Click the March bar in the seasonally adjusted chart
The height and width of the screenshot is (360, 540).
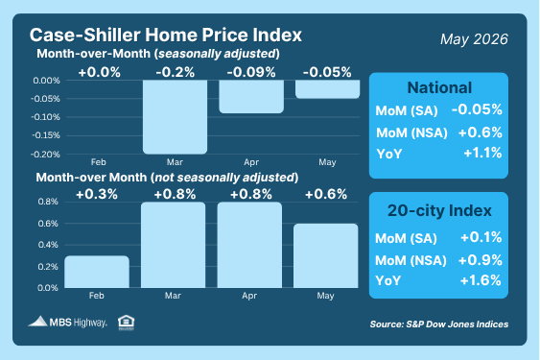[x=175, y=117]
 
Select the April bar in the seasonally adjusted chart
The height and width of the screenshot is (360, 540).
[x=251, y=97]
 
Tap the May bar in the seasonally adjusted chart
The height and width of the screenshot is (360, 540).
[x=327, y=89]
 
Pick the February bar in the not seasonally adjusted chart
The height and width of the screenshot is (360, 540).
[x=97, y=272]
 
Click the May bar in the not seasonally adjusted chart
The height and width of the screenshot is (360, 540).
[x=326, y=256]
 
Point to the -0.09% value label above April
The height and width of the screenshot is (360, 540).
[x=251, y=72]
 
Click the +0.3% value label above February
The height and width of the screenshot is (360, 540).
[x=97, y=195]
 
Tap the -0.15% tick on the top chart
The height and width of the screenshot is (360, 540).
[x=46, y=135]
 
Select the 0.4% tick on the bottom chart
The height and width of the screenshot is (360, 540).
[x=48, y=245]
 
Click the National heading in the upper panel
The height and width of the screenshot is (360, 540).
[x=439, y=87]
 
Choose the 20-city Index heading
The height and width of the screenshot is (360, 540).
[x=439, y=210]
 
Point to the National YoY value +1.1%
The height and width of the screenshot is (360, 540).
[x=482, y=153]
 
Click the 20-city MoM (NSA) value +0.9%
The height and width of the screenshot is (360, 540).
[x=481, y=260]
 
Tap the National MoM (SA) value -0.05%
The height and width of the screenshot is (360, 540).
[x=477, y=109]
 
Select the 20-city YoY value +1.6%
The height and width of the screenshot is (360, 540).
[x=481, y=280]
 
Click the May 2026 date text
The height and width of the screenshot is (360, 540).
[x=474, y=39]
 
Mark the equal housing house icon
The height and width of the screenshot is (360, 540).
[x=126, y=323]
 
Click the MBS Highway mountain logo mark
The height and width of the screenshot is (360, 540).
[x=37, y=321]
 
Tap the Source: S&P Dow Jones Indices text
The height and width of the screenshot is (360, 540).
[x=439, y=324]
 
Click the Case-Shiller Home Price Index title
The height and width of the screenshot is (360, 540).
[x=166, y=35]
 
